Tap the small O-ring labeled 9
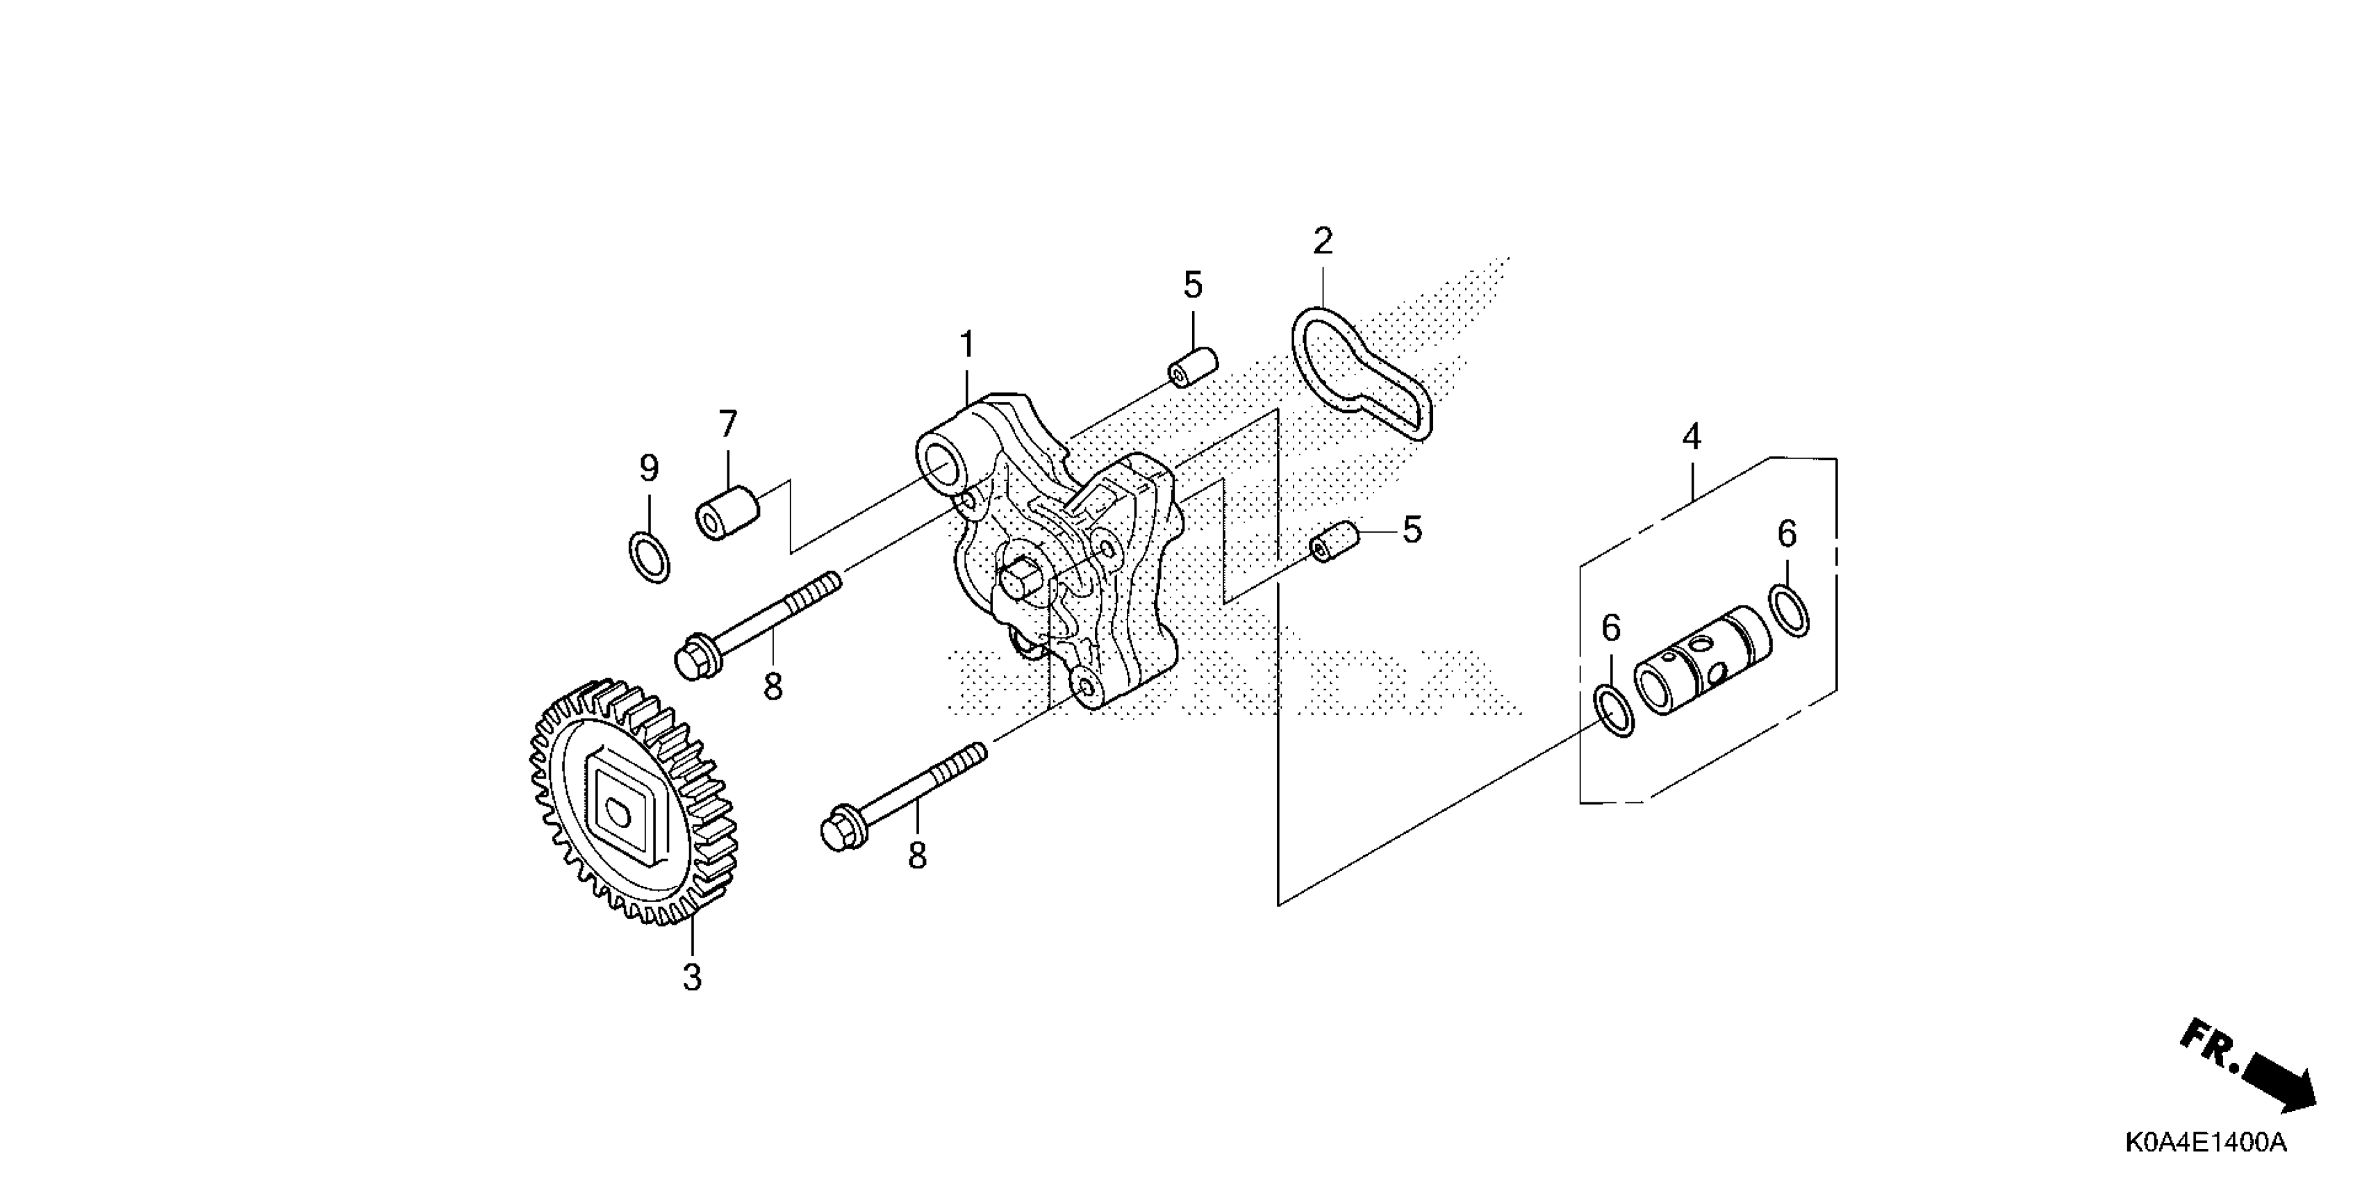click(649, 556)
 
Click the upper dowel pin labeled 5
click(1192, 367)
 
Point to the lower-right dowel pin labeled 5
click(1334, 542)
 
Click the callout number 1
click(966, 346)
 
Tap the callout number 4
click(1692, 436)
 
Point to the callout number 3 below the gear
click(693, 977)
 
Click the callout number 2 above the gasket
click(1322, 242)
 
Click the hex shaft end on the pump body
click(1021, 580)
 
